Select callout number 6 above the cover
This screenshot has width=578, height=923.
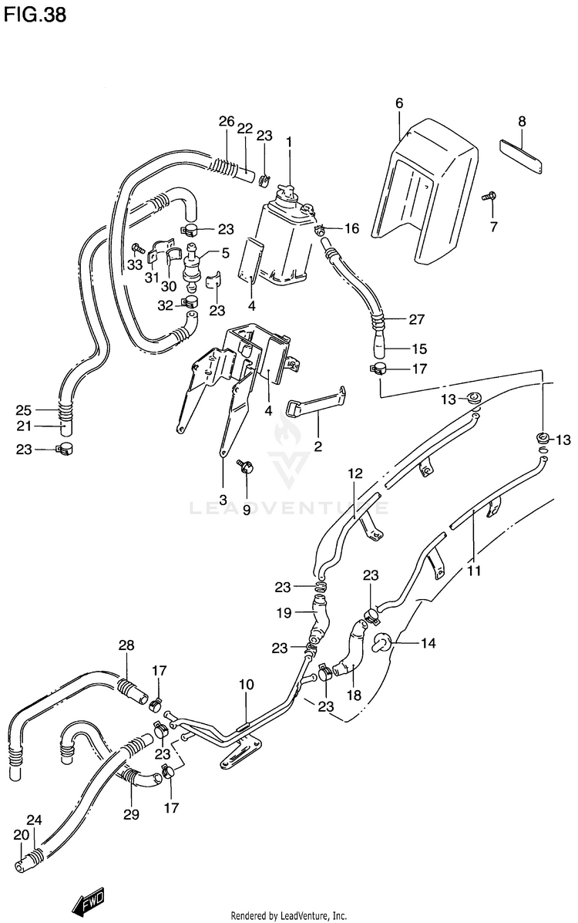(x=399, y=103)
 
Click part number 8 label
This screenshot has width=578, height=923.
(x=522, y=122)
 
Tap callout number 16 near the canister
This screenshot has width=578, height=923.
(x=351, y=228)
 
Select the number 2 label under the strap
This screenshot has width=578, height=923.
(x=318, y=446)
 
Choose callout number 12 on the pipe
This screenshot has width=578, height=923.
(x=355, y=473)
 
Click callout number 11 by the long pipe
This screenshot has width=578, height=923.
(x=474, y=570)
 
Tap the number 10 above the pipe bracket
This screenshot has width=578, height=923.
(x=246, y=685)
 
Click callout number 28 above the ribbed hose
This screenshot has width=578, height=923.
(x=126, y=645)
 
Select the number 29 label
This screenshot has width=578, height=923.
(x=131, y=814)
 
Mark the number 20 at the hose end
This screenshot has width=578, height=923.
(x=21, y=835)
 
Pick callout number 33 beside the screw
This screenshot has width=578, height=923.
(x=135, y=265)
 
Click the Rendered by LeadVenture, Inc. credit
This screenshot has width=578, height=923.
(x=289, y=916)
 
